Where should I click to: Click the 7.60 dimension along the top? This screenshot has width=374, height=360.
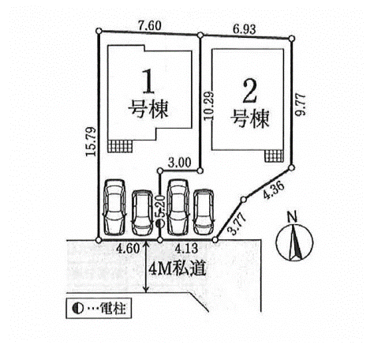coord(150,26)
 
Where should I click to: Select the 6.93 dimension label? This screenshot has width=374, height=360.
coord(245,29)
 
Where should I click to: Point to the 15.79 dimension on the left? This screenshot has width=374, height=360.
coord(91,141)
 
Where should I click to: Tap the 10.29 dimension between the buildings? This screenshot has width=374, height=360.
coord(209,106)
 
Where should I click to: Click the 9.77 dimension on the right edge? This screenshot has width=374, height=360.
coord(301,104)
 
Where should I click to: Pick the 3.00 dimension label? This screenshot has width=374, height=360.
coord(179,163)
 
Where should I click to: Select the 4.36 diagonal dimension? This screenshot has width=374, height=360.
coord(274,190)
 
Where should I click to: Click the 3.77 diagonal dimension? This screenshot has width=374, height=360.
coord(237,223)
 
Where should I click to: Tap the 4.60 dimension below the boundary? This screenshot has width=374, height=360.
coord(128,249)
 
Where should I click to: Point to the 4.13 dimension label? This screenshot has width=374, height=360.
coord(187,249)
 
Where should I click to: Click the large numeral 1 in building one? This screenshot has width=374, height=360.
coord(148,81)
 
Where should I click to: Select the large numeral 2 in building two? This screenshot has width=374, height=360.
coord(249,91)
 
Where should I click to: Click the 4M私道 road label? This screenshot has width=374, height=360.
coord(177,269)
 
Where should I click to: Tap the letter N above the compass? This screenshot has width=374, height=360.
coord(292,217)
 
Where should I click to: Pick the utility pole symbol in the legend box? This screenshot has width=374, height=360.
coord(77,308)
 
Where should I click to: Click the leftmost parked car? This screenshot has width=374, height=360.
coord(114,208)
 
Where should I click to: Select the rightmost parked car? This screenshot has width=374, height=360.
coord(204,212)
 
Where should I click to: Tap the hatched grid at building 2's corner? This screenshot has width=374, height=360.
coord(274,156)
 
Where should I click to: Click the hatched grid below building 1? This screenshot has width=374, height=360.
coord(120,146)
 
